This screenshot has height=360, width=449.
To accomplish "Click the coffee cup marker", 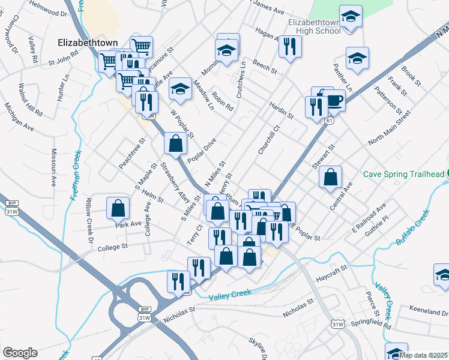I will pyautogui.click(x=335, y=99).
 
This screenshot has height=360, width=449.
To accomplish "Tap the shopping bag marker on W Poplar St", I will pyautogui.click(x=175, y=144).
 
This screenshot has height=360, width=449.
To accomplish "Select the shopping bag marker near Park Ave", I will pyautogui.click(x=118, y=208).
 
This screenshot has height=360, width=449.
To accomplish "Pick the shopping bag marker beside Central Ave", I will pyautogui.click(x=330, y=177).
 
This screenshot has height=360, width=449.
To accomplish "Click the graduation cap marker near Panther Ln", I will pyautogui.click(x=357, y=59).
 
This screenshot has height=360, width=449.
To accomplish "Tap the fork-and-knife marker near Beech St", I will pyautogui.click(x=290, y=46).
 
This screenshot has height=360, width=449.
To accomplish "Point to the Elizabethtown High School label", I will pyautogui.click(x=314, y=26).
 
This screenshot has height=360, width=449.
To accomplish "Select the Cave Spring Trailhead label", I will pyautogui.click(x=403, y=175).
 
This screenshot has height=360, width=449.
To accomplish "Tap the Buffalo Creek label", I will pyautogui.click(x=413, y=227).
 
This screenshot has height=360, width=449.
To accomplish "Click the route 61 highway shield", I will pyautogui.click(x=330, y=121).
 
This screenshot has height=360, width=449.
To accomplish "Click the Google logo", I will pyautogui.click(x=20, y=353).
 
